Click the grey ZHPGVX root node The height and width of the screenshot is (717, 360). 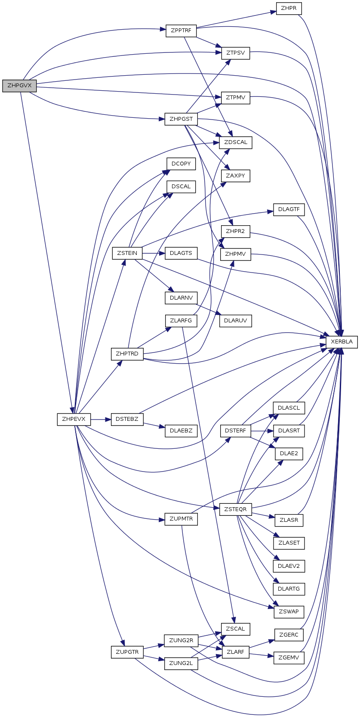[x=19, y=86]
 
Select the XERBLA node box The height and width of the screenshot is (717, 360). [x=342, y=342]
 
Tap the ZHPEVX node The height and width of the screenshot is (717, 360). [x=74, y=419]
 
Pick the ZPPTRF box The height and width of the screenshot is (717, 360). [x=181, y=31]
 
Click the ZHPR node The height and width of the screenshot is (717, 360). [x=289, y=8]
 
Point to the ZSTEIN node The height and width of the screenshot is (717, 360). [x=127, y=253]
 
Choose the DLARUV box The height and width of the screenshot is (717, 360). [x=235, y=321]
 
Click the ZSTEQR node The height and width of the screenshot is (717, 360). [x=235, y=509]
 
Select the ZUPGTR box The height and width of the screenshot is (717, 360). [x=127, y=652]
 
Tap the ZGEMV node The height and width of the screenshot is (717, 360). [x=289, y=658]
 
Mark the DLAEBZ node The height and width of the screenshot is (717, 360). [x=181, y=431]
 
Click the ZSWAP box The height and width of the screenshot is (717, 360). [x=289, y=612]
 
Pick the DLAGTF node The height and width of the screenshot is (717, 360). [x=289, y=209]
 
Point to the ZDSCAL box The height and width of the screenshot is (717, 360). [x=235, y=142]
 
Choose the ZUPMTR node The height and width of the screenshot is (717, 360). [x=181, y=519]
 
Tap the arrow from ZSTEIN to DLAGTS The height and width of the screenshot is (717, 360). [x=154, y=253]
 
